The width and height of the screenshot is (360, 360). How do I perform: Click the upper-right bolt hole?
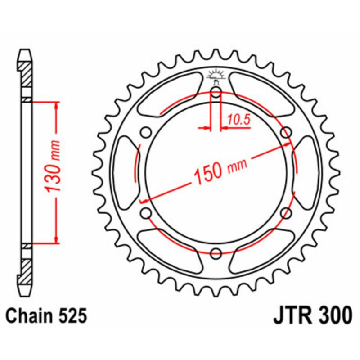285,133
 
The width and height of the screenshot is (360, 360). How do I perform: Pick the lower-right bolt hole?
285,213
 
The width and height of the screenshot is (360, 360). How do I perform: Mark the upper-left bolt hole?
146,133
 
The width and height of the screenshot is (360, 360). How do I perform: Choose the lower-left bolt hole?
146,213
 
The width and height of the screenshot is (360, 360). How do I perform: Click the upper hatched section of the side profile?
26,74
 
